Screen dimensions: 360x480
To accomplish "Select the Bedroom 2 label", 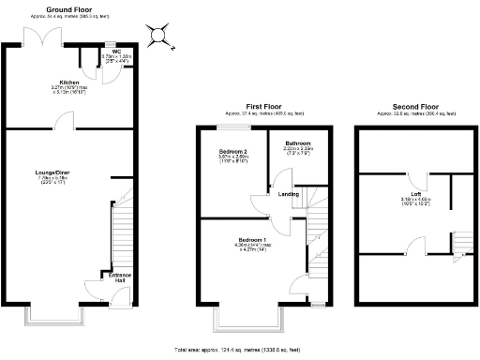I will [x=232, y=151].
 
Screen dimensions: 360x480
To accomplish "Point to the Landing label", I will [x=290, y=194].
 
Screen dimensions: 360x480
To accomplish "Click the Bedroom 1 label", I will [x=251, y=240].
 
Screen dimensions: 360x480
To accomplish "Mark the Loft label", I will [x=412, y=194].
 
